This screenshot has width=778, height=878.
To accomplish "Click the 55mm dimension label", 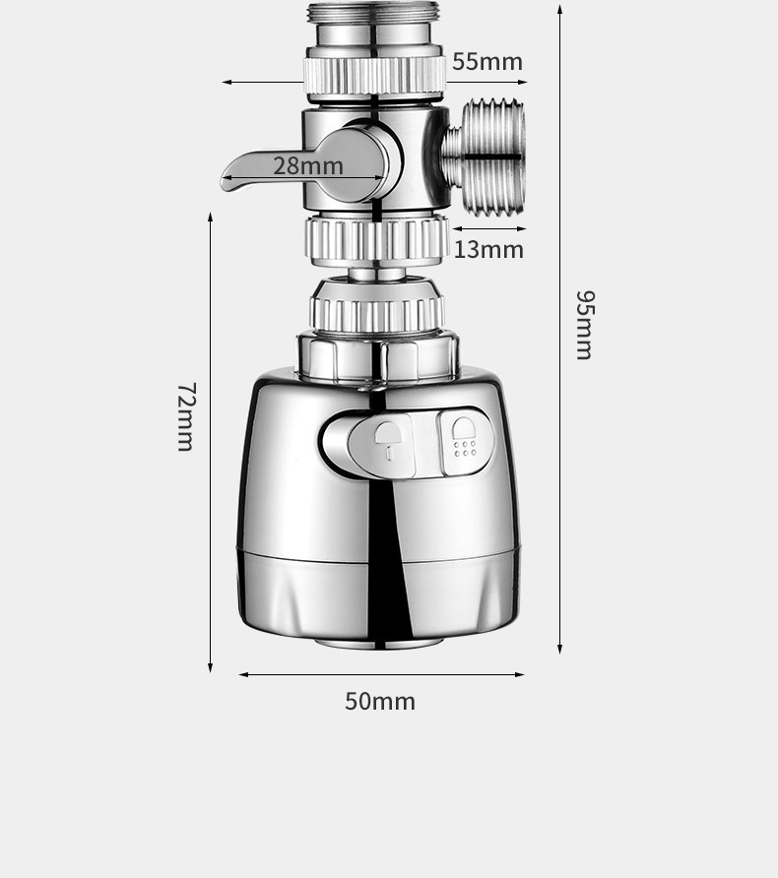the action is coord(487,62).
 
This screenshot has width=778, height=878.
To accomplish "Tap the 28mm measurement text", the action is coord(308,165).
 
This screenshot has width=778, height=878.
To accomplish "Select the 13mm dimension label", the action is coord(488,250).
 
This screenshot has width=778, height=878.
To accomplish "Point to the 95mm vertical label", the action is coord(585,325).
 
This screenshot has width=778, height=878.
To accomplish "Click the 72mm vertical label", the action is coord(186,416).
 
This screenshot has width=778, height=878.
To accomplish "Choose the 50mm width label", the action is coord(380,702).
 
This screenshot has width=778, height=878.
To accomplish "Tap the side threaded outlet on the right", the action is coord(484,157).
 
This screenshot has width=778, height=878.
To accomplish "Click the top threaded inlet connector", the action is coord(373,26).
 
